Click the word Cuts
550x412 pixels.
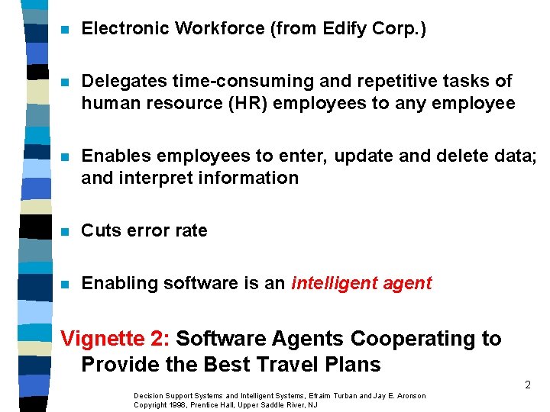pos(101,230)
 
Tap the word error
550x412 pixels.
pos(148,230)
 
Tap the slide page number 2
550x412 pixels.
pos(527,385)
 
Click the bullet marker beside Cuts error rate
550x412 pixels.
pos(66,231)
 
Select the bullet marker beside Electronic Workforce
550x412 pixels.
pos(66,30)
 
